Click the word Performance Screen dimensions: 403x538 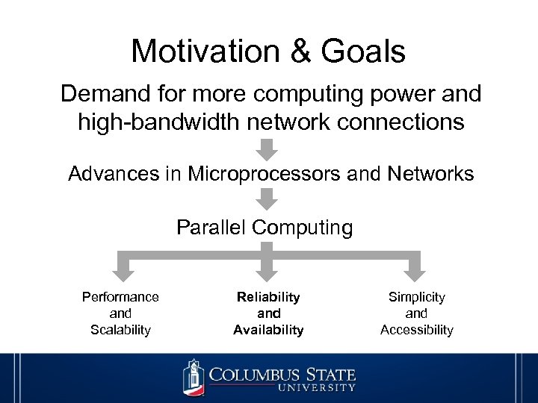point(120,297)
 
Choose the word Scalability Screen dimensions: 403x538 point(120,330)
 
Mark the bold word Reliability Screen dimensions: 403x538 point(268,297)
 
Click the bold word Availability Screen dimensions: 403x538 point(268,330)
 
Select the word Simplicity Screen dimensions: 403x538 point(416,297)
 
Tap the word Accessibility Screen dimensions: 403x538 point(416,330)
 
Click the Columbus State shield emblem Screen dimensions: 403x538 point(194,377)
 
